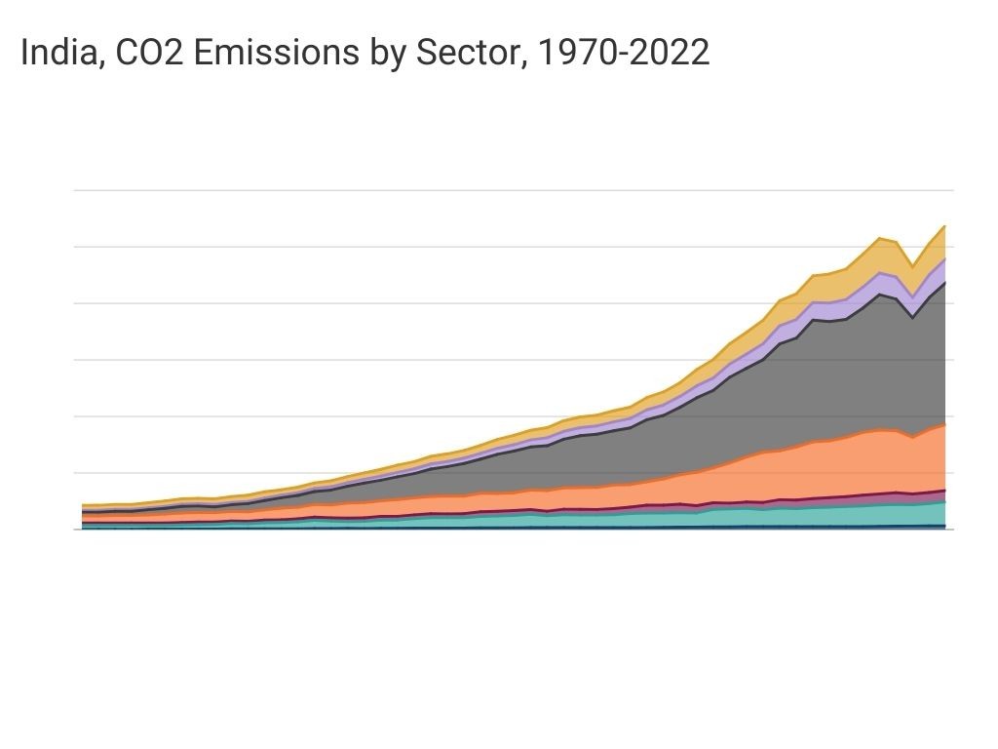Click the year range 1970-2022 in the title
[x=624, y=54]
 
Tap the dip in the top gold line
[x=912, y=267]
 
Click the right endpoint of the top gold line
[x=944, y=226]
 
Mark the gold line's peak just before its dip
[x=880, y=238]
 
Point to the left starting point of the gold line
[x=83, y=505]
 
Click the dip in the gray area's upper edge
[x=912, y=317]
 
